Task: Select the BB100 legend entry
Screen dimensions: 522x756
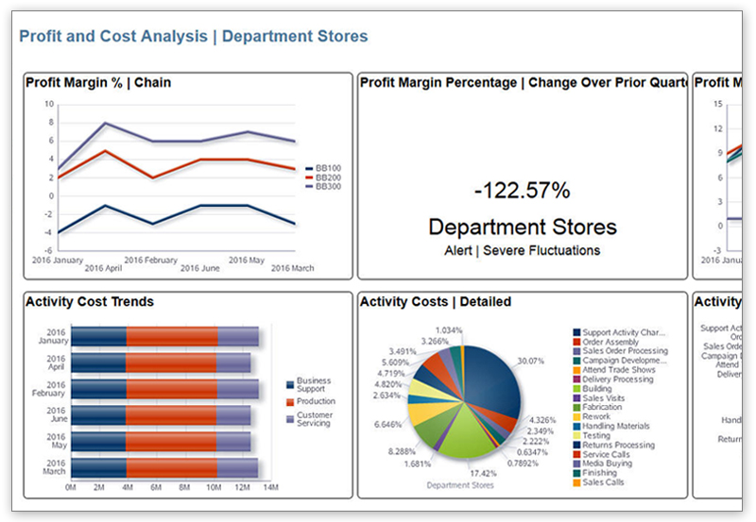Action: pos(328,168)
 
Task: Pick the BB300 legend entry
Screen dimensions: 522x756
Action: pos(328,186)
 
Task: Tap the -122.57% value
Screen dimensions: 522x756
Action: pos(523,191)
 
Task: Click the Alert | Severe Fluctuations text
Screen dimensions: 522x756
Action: pos(522,251)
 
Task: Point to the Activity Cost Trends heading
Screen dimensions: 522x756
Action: pos(90,302)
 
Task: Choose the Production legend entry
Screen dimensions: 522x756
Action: pos(315,401)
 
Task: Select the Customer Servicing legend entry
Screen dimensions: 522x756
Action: pos(314,419)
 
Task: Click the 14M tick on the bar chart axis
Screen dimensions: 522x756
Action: pos(269,487)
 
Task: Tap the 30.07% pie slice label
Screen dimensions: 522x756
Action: pos(531,361)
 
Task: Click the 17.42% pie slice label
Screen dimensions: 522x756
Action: pos(483,472)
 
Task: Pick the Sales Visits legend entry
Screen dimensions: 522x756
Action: pos(603,398)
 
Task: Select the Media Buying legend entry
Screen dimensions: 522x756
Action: pos(607,463)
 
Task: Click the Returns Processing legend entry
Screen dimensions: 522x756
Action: pos(618,446)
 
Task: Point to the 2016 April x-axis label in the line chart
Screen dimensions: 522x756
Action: pos(103,268)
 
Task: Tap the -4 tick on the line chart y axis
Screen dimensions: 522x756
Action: pos(49,232)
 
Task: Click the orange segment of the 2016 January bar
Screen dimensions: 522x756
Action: pos(172,337)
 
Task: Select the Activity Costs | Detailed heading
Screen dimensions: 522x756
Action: pos(436,302)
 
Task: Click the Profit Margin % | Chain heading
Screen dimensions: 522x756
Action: pos(98,83)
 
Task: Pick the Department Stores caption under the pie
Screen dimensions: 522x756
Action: pos(460,486)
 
